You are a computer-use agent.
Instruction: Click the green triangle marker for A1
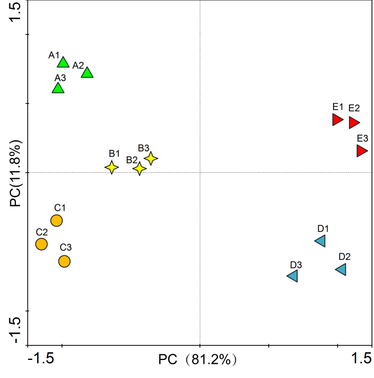[63, 62]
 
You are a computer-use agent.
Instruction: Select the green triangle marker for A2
[87, 73]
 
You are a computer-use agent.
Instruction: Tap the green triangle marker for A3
[58, 88]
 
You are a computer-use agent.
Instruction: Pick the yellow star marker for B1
[111, 167]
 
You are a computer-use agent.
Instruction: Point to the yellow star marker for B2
[140, 168]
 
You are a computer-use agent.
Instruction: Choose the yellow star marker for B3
[151, 158]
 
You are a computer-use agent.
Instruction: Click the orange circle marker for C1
[56, 220]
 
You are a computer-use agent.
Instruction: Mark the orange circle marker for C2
[41, 244]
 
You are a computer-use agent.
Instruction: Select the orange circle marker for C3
[64, 261]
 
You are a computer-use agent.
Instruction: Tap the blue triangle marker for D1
[320, 241]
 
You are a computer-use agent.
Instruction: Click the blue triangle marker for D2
[341, 269]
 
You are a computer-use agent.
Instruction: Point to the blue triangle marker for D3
[293, 276]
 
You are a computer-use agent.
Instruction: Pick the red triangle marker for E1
[337, 119]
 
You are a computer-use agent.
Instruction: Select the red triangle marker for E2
[354, 123]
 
